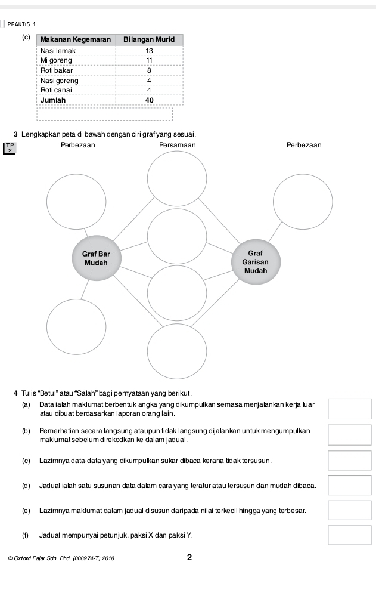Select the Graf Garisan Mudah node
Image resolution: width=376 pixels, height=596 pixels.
[255, 262]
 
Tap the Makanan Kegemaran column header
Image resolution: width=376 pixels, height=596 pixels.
[76, 39]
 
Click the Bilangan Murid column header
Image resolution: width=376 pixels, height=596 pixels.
[149, 39]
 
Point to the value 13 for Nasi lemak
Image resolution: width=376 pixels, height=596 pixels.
[149, 51]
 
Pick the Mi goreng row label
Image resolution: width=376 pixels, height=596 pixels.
[56, 61]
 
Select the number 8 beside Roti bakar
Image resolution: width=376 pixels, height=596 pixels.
[149, 70]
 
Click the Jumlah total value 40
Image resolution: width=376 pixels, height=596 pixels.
[149, 100]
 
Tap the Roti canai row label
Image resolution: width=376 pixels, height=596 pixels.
[56, 89]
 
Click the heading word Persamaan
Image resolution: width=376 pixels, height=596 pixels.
[177, 145]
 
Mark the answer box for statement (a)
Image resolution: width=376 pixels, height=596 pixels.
[349, 409]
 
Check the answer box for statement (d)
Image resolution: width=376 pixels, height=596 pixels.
[349, 486]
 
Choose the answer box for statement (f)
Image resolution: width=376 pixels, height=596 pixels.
[349, 535]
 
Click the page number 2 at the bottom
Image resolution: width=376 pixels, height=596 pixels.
[189, 558]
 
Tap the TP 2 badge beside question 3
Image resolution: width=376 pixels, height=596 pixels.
[10, 148]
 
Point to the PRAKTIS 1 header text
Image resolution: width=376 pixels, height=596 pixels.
[21, 24]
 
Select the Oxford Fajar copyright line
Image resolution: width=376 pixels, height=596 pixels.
[62, 559]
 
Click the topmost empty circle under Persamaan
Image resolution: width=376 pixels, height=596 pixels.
[177, 178]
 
